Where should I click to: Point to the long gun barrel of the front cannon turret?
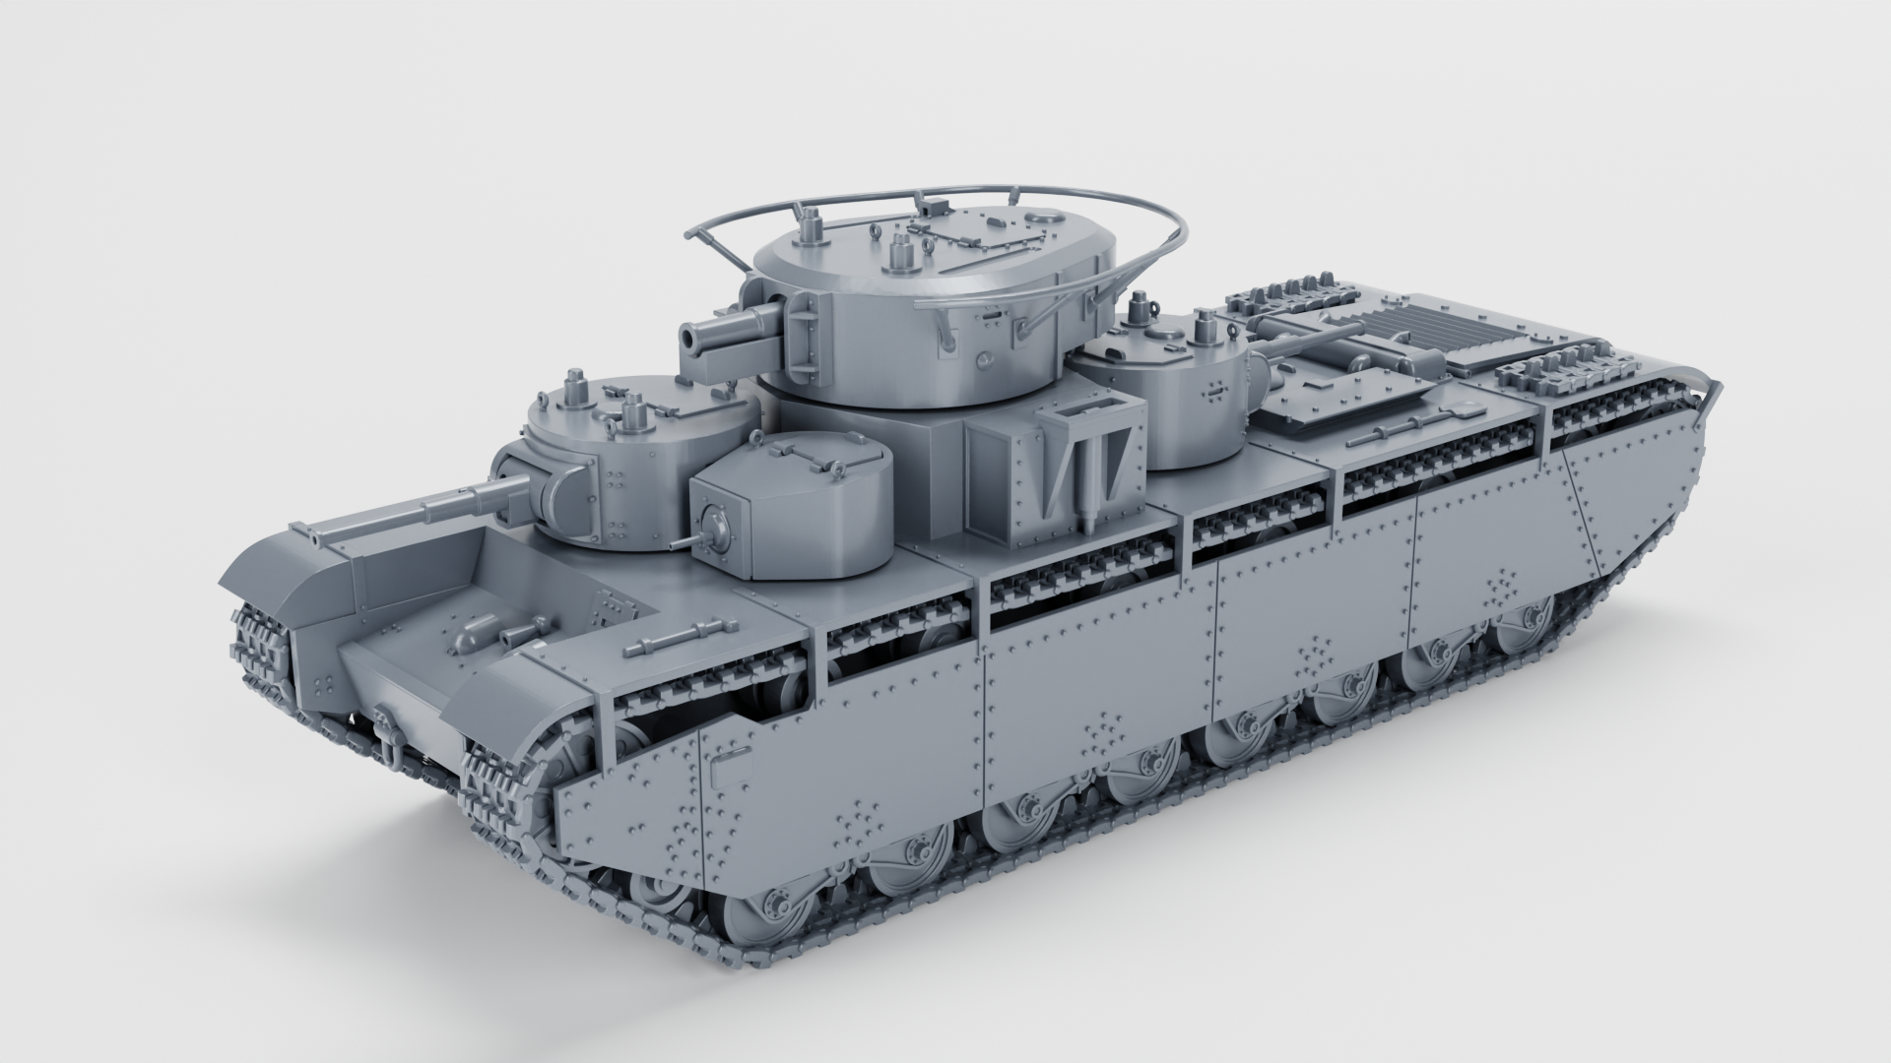pos(414,512)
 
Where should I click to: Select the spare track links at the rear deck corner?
pos(1556,378)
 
